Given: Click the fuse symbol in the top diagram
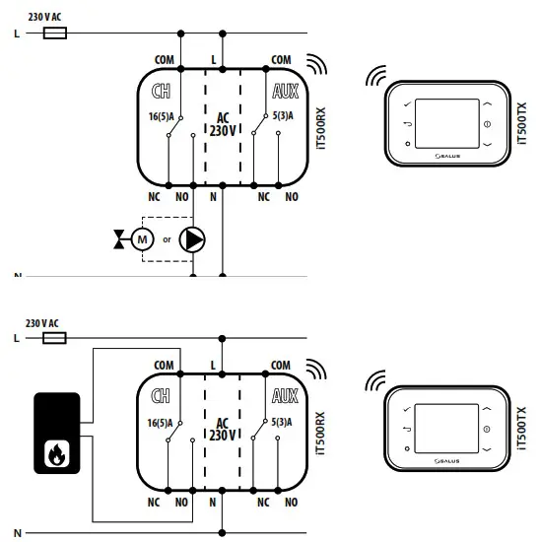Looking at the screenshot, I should click(x=56, y=33).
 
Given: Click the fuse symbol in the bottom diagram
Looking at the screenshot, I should click(x=56, y=337).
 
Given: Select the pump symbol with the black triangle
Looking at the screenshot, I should click(x=195, y=238).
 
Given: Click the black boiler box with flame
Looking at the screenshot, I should click(x=58, y=430).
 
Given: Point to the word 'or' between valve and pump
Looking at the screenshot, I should click(x=168, y=239).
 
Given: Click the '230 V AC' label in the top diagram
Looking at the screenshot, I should click(x=43, y=17).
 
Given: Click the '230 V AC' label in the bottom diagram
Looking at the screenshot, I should click(x=43, y=323).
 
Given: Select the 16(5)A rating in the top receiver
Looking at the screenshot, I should click(x=160, y=119).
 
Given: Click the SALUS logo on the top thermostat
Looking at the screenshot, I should click(x=448, y=155).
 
